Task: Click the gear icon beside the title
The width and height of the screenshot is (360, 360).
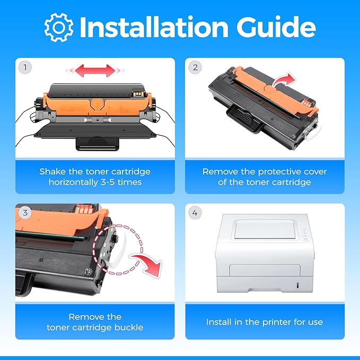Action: tap(59, 28)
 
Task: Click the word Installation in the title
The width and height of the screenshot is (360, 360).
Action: tap(154, 27)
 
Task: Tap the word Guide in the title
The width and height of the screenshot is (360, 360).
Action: tap(276, 27)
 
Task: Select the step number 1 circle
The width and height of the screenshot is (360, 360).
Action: tap(25, 67)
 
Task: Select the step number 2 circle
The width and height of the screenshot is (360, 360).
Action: tap(195, 67)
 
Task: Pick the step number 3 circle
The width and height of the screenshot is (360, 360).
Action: tap(25, 213)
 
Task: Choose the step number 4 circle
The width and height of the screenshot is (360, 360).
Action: tap(195, 213)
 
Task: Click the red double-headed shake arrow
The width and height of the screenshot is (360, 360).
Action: tap(95, 71)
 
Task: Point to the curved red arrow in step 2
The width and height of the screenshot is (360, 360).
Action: tap(284, 80)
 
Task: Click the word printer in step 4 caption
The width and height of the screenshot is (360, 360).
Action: tap(277, 322)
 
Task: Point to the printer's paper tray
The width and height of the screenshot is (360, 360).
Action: tap(265, 285)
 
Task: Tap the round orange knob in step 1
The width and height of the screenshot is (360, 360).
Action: tap(97, 104)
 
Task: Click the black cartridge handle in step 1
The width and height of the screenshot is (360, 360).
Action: tap(98, 143)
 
